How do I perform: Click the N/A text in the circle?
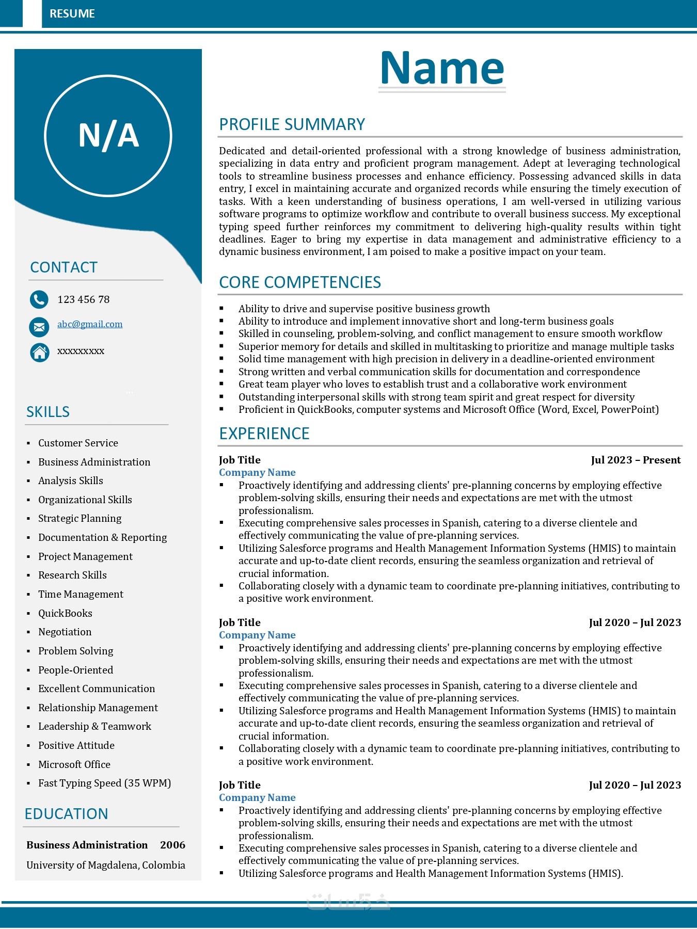coord(108,136)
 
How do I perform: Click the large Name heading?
coord(442,68)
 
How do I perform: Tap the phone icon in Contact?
coord(39,299)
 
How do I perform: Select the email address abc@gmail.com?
coord(90,324)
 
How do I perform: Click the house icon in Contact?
coord(39,352)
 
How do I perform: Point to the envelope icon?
coord(39,326)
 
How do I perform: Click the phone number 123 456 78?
coord(84,299)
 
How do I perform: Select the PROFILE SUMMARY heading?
coord(292,124)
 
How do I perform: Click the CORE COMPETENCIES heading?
coord(300,282)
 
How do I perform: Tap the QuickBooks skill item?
coord(65,613)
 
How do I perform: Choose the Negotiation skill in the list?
coord(65,632)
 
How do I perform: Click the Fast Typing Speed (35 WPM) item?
coord(104,783)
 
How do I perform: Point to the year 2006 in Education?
coord(172,845)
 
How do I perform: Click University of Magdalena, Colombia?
coord(106,865)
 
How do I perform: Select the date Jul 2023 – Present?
coord(636,460)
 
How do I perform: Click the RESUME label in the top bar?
coord(72,14)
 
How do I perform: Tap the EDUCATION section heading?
coord(67,814)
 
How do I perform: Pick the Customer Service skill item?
coord(78,443)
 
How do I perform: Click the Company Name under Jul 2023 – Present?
coord(257,472)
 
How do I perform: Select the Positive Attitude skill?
coord(76,745)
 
